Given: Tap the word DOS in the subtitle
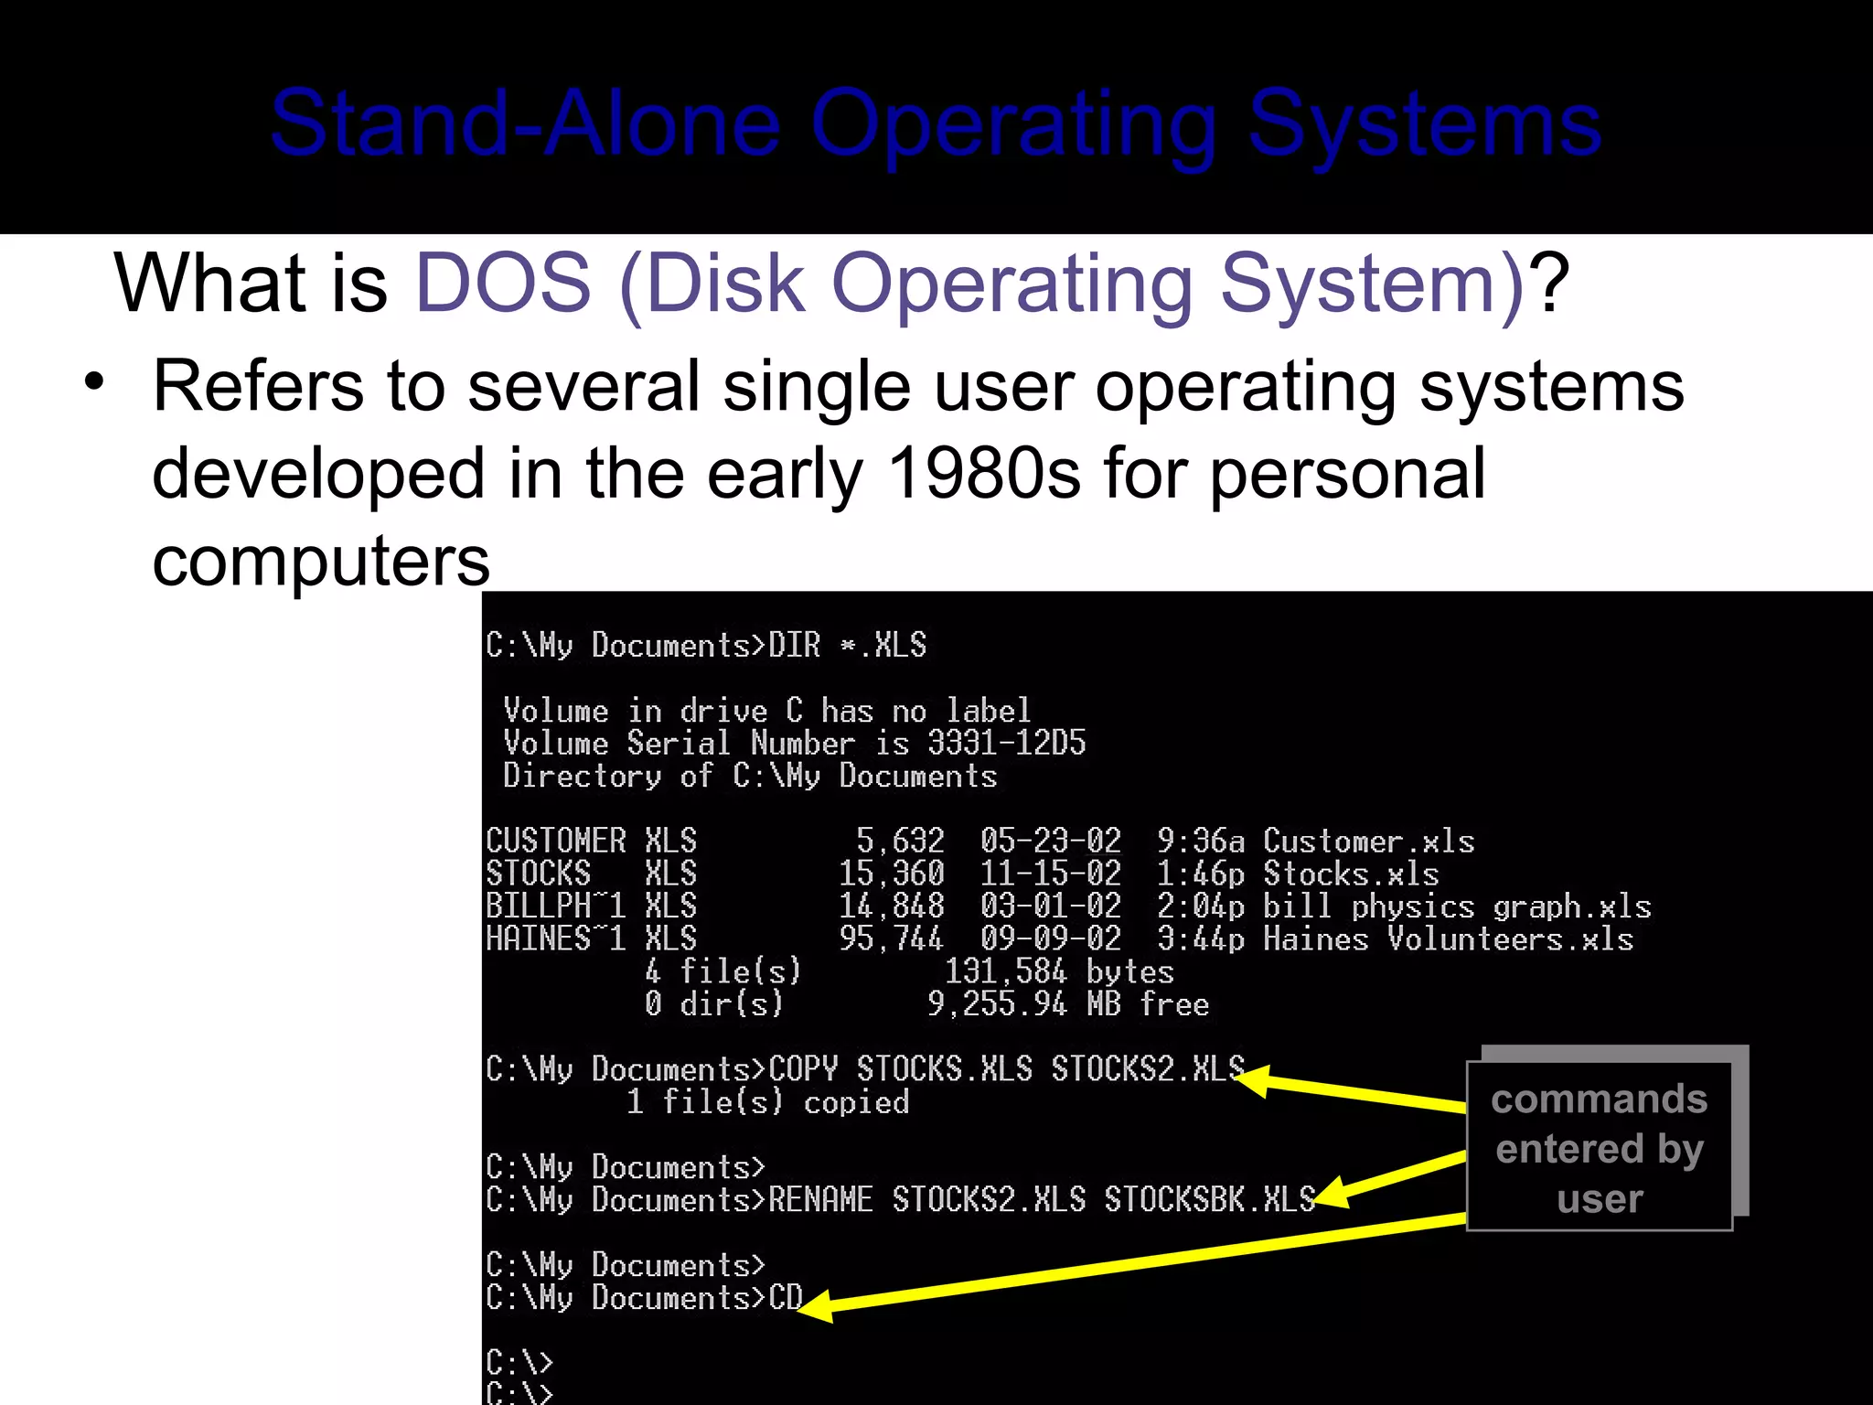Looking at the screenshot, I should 504,284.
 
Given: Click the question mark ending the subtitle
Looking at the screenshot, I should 1551,284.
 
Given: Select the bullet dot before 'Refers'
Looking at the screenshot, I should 94,382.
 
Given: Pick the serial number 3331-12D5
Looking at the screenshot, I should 1006,743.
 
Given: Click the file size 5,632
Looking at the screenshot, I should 900,841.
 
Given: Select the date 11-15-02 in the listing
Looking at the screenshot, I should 1050,874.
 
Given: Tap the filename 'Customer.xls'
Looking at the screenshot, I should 1368,841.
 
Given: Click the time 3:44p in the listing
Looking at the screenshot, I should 1200,939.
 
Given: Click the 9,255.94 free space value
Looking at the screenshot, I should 997,1004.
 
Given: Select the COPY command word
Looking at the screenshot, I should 803,1069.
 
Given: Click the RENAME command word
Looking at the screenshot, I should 820,1199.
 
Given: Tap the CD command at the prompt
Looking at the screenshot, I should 785,1297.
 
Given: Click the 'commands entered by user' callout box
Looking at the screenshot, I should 1600,1147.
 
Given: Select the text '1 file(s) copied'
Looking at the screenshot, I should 767,1102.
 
